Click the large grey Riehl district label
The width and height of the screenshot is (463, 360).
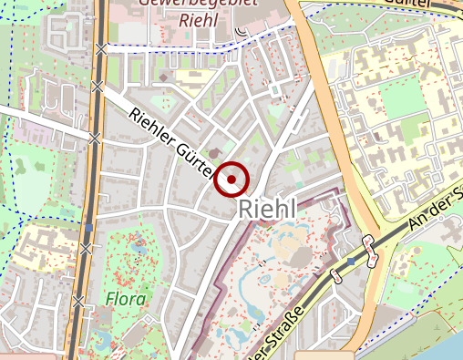(x=268, y=209)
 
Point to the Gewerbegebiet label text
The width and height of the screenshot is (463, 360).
(x=196, y=3)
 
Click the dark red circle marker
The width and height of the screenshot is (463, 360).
(x=231, y=180)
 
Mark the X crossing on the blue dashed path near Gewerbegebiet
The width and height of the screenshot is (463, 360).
(x=103, y=48)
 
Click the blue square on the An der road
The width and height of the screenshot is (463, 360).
(x=351, y=262)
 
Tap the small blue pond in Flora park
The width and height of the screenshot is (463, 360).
(x=139, y=244)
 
